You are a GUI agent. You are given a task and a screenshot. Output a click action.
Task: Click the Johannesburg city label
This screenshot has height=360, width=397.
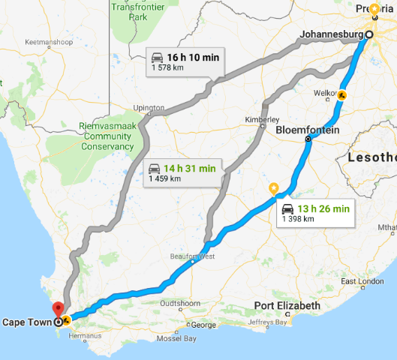click(330, 34)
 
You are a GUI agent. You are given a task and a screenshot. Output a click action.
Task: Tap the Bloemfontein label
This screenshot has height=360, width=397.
click(308, 130)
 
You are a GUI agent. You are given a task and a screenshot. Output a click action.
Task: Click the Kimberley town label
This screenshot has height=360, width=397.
click(264, 119)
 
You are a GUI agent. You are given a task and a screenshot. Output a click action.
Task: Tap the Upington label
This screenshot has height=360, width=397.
click(149, 108)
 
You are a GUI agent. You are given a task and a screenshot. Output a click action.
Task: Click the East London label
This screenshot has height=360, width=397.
click(357, 281)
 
